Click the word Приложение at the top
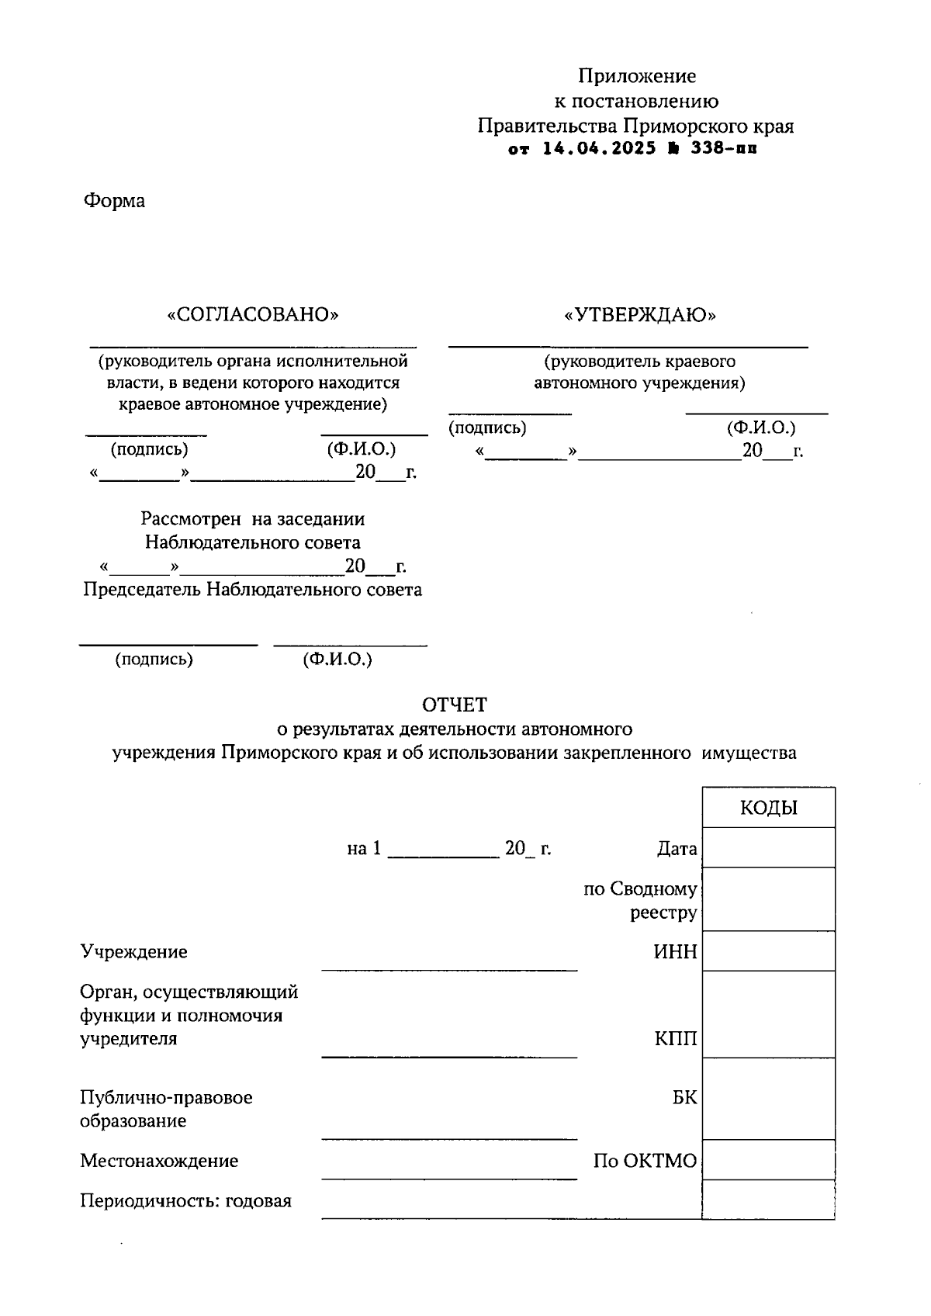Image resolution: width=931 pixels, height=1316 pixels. click(x=636, y=76)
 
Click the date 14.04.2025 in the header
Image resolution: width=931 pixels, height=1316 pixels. click(x=599, y=148)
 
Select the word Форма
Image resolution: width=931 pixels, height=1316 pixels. click(x=114, y=201)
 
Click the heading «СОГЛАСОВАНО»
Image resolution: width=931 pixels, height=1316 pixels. click(x=253, y=314)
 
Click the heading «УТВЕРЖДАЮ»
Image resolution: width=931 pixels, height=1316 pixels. click(x=640, y=314)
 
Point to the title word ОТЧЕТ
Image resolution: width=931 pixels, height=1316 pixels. click(x=455, y=705)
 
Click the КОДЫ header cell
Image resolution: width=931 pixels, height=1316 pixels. click(x=768, y=808)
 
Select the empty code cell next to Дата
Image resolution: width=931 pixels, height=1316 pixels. click(x=768, y=847)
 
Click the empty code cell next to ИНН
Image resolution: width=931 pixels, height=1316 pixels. click(x=768, y=951)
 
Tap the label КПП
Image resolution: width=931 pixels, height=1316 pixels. click(x=675, y=1038)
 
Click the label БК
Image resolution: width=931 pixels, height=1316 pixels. click(x=684, y=1098)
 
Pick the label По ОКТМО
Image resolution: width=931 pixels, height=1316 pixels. click(x=645, y=1161)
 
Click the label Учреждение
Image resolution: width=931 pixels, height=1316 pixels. click(x=133, y=951)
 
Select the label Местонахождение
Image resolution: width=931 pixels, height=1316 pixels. click(x=159, y=1161)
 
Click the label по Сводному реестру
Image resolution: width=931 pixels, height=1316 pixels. click(x=640, y=900)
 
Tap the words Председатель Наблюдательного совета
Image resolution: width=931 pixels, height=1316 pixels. click(x=252, y=590)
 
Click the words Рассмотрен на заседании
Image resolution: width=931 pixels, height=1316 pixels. click(x=252, y=518)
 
